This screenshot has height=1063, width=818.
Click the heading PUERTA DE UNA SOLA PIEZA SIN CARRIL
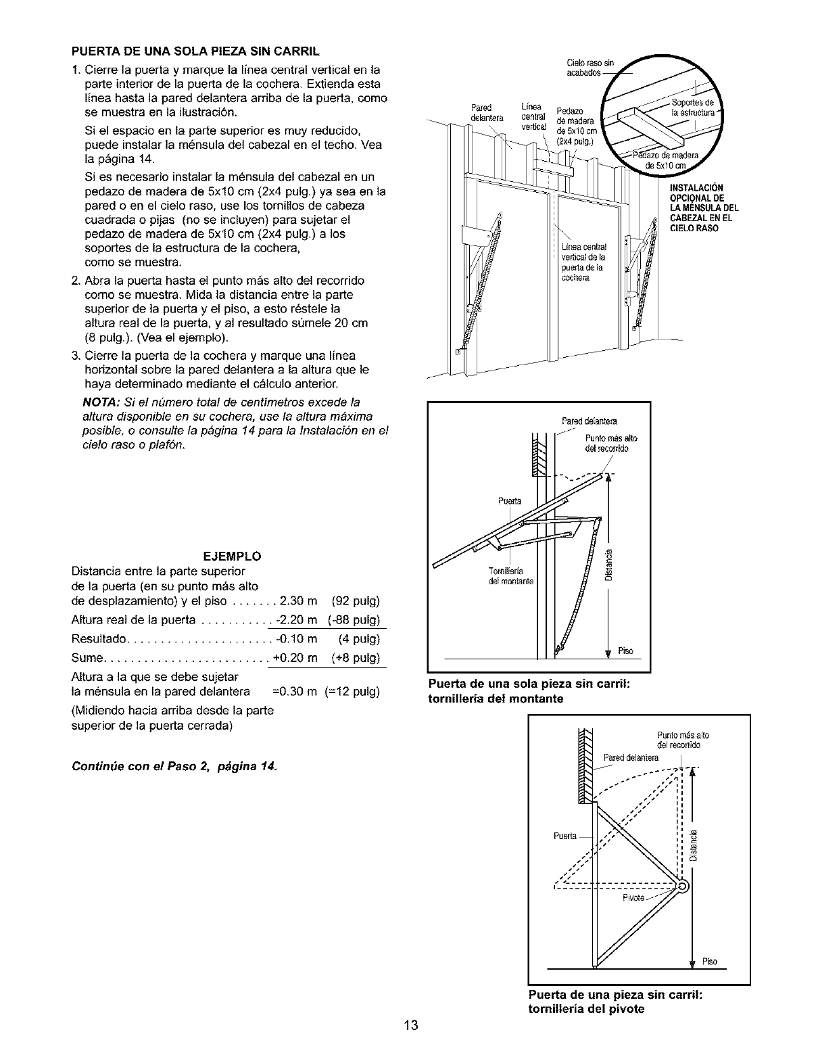195,51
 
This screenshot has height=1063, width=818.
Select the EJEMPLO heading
233,557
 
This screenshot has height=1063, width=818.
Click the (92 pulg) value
356,601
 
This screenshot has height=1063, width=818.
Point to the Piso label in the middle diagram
625,651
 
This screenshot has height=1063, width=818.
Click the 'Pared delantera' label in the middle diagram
590,423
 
